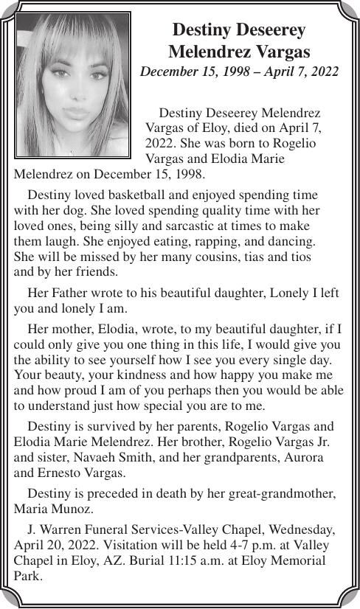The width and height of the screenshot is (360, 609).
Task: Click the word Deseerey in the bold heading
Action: pos(269,30)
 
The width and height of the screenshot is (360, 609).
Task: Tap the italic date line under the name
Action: pos(239,72)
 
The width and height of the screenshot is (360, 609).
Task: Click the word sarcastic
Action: pos(192,225)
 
